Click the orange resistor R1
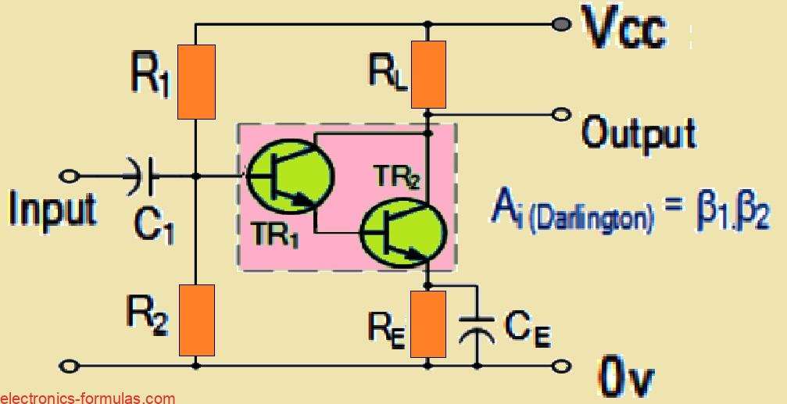[195, 82]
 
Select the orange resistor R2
[195, 320]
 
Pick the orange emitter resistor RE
[428, 322]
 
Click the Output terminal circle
[560, 115]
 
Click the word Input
[53, 208]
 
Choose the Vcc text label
[624, 30]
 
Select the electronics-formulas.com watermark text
[88, 398]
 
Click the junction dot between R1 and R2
[195, 175]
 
